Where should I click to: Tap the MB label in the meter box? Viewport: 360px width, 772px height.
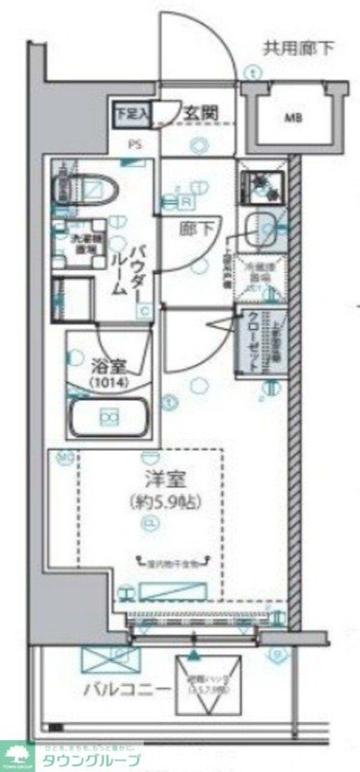click(293, 117)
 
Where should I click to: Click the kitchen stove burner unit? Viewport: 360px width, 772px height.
click(263, 184)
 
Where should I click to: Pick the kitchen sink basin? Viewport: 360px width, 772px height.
click(263, 228)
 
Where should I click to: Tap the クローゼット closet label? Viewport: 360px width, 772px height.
click(253, 342)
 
